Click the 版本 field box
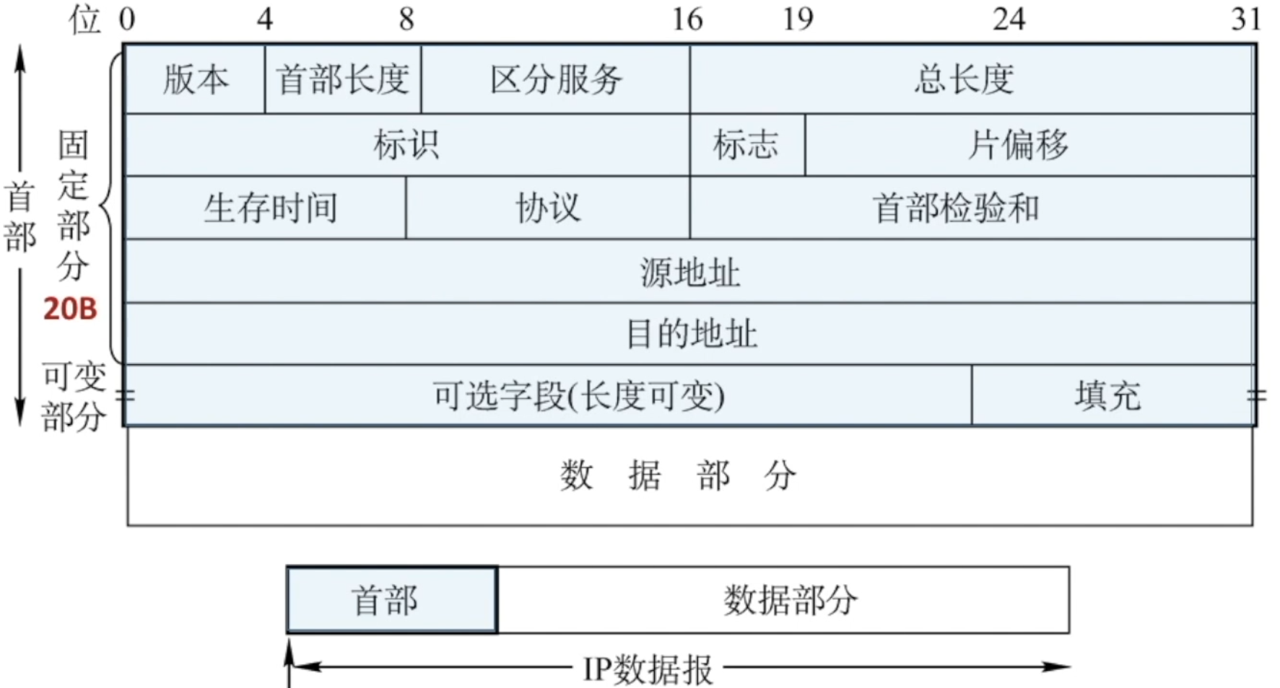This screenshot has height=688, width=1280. tap(195, 79)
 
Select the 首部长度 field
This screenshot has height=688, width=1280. tap(343, 79)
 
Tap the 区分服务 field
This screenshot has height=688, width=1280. tap(555, 79)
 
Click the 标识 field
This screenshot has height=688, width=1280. tap(406, 145)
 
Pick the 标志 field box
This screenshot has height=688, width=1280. tap(746, 145)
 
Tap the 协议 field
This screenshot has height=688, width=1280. tap(547, 208)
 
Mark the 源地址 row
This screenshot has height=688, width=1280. tap(689, 272)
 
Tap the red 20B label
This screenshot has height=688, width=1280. tap(70, 309)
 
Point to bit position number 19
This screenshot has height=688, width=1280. tap(798, 19)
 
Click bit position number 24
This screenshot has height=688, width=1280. tap(1009, 19)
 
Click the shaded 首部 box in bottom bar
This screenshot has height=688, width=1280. tap(392, 600)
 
